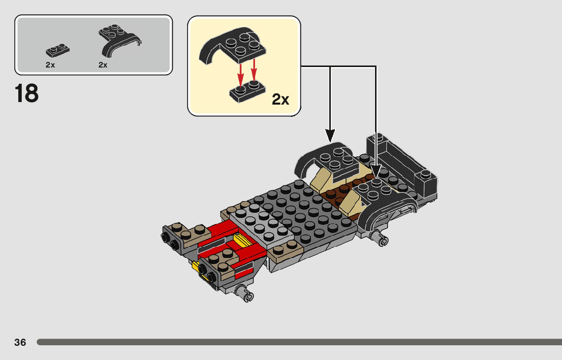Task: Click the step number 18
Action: [x=26, y=93]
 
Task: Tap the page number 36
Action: [x=20, y=342]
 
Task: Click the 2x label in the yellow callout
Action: [x=280, y=99]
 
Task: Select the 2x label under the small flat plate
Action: [x=50, y=65]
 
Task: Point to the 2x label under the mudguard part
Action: [x=103, y=65]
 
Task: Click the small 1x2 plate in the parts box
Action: [x=58, y=50]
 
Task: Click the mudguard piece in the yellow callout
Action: [x=233, y=46]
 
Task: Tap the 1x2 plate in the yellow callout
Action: [x=247, y=92]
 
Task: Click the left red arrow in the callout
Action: [x=240, y=75]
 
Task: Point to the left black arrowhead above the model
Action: [x=330, y=136]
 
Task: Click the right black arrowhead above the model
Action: [x=376, y=171]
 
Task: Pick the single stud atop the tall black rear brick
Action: [x=378, y=137]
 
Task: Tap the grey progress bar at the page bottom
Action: [x=299, y=342]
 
